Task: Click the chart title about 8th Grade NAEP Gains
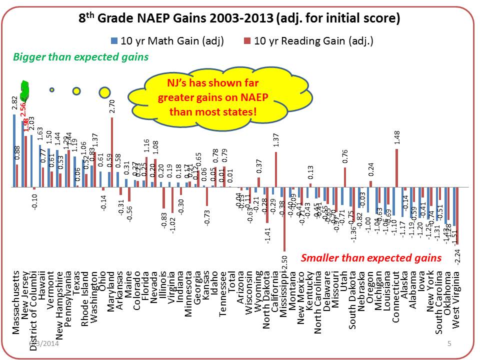coord(239,19)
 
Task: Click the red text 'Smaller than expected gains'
coord(371,258)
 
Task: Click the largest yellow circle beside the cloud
coord(104,92)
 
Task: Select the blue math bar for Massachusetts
coord(14,150)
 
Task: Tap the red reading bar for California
coord(276,169)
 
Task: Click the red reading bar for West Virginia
coord(457,215)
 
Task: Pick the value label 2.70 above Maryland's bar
coord(112,107)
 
